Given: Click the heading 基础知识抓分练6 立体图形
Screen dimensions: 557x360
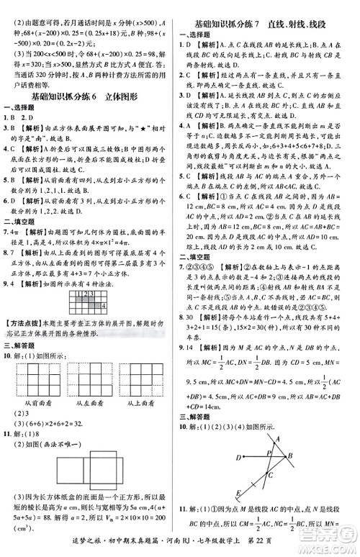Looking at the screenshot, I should click(89, 97).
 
